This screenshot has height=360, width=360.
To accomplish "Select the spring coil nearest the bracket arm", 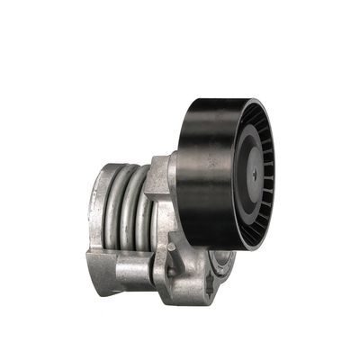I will coord(144,211).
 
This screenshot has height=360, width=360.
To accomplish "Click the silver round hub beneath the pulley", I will coord(220,261).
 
